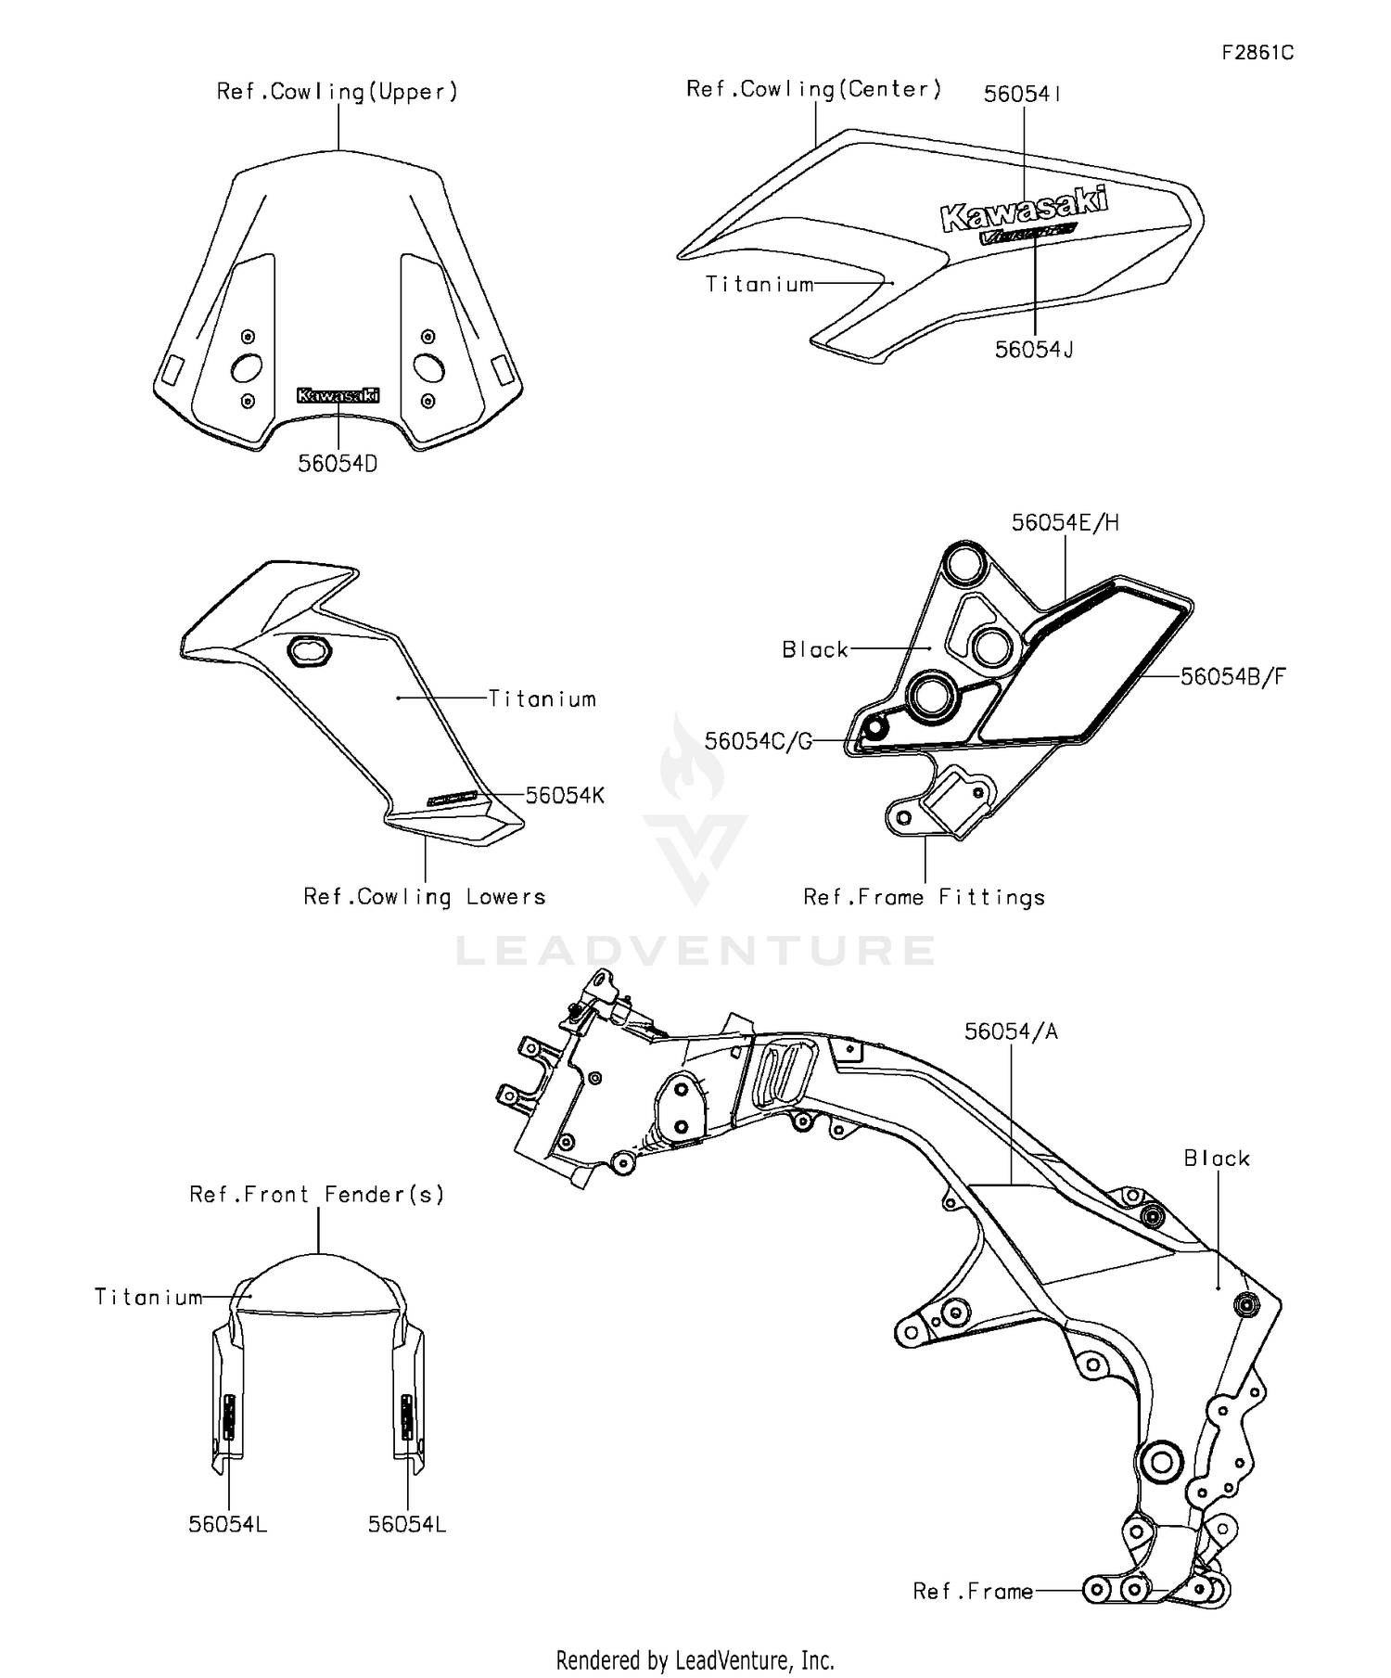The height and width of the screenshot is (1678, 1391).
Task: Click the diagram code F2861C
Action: pos(1257,53)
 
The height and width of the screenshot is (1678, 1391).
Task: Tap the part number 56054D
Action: pos(338,464)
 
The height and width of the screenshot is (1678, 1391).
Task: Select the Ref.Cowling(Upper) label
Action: pos(338,92)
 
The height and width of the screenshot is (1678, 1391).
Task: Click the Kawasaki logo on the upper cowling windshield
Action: pos(338,395)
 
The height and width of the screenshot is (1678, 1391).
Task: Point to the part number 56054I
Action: pos(1023,94)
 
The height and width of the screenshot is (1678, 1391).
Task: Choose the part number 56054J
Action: pos(1034,350)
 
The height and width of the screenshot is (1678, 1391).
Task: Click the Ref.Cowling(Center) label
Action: pos(814,89)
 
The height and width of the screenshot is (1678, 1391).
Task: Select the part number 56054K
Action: pos(565,796)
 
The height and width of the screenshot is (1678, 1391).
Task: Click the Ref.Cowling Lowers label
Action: pos(425,897)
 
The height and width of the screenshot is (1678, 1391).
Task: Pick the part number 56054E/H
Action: pos(1065,523)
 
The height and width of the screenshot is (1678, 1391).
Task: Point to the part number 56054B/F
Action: pos(1232,676)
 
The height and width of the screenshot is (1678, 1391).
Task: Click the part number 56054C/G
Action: pos(758,741)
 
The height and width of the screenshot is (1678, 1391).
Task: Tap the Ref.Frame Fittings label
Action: pos(924,898)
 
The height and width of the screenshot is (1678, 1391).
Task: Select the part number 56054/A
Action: pos(1011,1031)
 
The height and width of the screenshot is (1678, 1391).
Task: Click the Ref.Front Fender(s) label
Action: pos(317,1195)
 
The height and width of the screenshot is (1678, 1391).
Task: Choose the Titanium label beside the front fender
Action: pos(148,1297)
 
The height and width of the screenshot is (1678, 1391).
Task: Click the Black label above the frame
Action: pos(1217,1159)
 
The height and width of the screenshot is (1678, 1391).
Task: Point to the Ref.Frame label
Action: pos(973,1592)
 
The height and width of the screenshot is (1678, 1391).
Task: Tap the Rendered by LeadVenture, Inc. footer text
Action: pos(695,1659)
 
